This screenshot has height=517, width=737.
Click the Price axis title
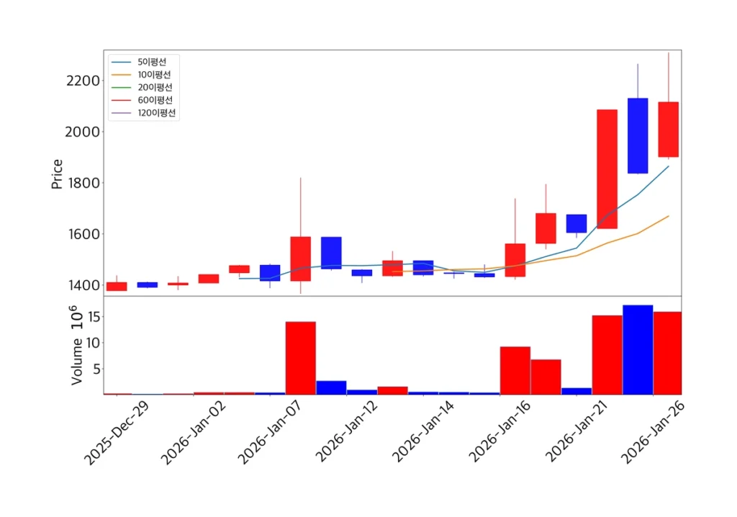click(x=57, y=174)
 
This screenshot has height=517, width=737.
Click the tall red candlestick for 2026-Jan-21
click(x=607, y=169)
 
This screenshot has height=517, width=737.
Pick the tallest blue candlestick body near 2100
click(x=638, y=135)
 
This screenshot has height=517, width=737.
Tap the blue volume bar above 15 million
click(x=638, y=350)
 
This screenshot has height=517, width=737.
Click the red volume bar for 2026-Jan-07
click(x=301, y=358)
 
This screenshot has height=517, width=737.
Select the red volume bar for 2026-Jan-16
click(x=515, y=371)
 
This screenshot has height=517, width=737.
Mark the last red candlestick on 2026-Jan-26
click(x=669, y=130)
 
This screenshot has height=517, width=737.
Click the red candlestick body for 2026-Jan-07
click(x=301, y=258)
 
